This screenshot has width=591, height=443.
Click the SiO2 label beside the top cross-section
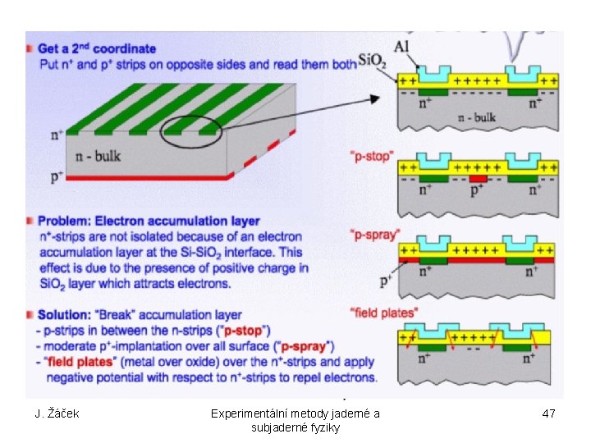(x=370, y=62)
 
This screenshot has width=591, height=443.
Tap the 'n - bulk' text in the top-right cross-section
(x=475, y=116)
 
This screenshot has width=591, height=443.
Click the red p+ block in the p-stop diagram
(x=478, y=176)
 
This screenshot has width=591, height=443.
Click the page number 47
(x=549, y=413)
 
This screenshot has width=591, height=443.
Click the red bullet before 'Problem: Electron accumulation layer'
(x=30, y=221)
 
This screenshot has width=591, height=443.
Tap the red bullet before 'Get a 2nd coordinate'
(x=30, y=48)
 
